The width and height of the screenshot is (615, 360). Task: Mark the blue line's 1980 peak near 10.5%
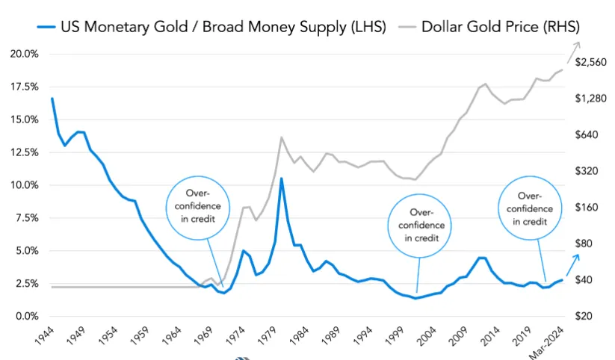(281, 179)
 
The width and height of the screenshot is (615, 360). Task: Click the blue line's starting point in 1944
(52, 99)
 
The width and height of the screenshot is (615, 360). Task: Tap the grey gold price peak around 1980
(281, 137)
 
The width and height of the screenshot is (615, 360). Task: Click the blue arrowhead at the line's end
(576, 256)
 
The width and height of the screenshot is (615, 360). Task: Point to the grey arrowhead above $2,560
(576, 44)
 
